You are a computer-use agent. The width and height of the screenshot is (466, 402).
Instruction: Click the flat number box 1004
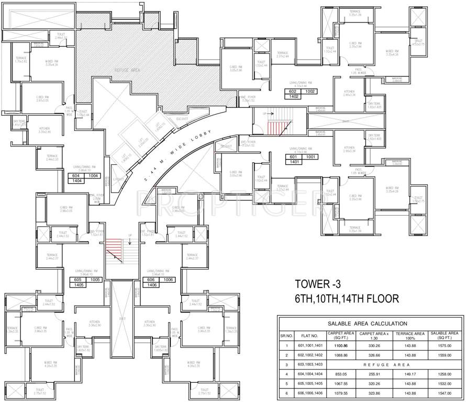click(94, 176)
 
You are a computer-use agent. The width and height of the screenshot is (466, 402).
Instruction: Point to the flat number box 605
click(79, 280)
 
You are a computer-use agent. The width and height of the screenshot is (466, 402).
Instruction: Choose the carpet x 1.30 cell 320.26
click(374, 383)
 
